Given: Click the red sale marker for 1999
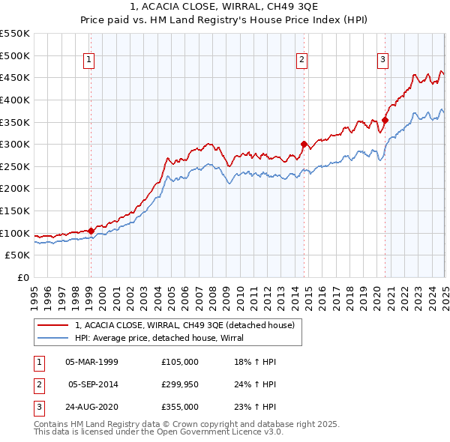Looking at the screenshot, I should click(91, 231).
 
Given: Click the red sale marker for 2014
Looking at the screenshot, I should click(304, 145).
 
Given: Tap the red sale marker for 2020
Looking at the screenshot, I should click(385, 120).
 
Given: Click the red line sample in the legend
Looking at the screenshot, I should click(53, 325).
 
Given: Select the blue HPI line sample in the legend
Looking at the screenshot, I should click(53, 338).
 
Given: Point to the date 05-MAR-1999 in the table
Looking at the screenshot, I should click(91, 362).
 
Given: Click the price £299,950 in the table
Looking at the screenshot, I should click(180, 384).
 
